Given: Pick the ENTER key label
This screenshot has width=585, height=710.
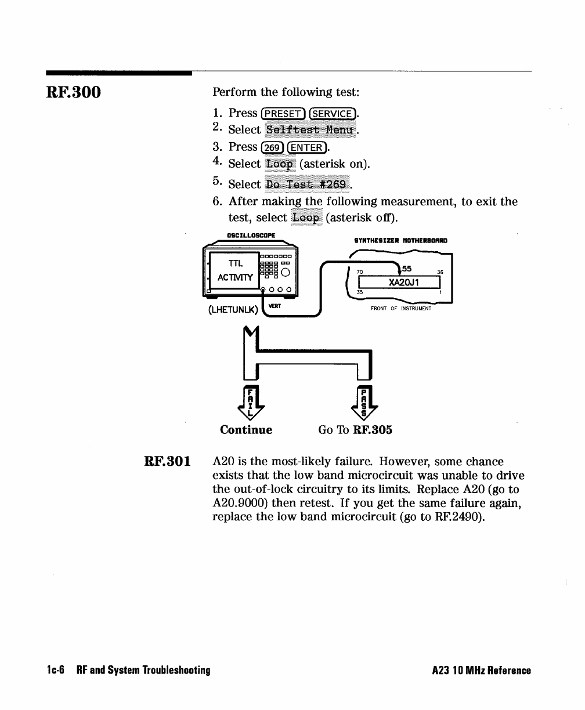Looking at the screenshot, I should click(306, 147).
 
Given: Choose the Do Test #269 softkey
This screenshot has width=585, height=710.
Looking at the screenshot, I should click(307, 184).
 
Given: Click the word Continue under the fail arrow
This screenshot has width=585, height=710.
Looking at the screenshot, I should click(246, 430).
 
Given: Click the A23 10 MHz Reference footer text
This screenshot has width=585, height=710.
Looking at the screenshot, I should click(482, 671).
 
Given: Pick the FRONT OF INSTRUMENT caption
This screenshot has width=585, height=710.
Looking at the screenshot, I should click(401, 309).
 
